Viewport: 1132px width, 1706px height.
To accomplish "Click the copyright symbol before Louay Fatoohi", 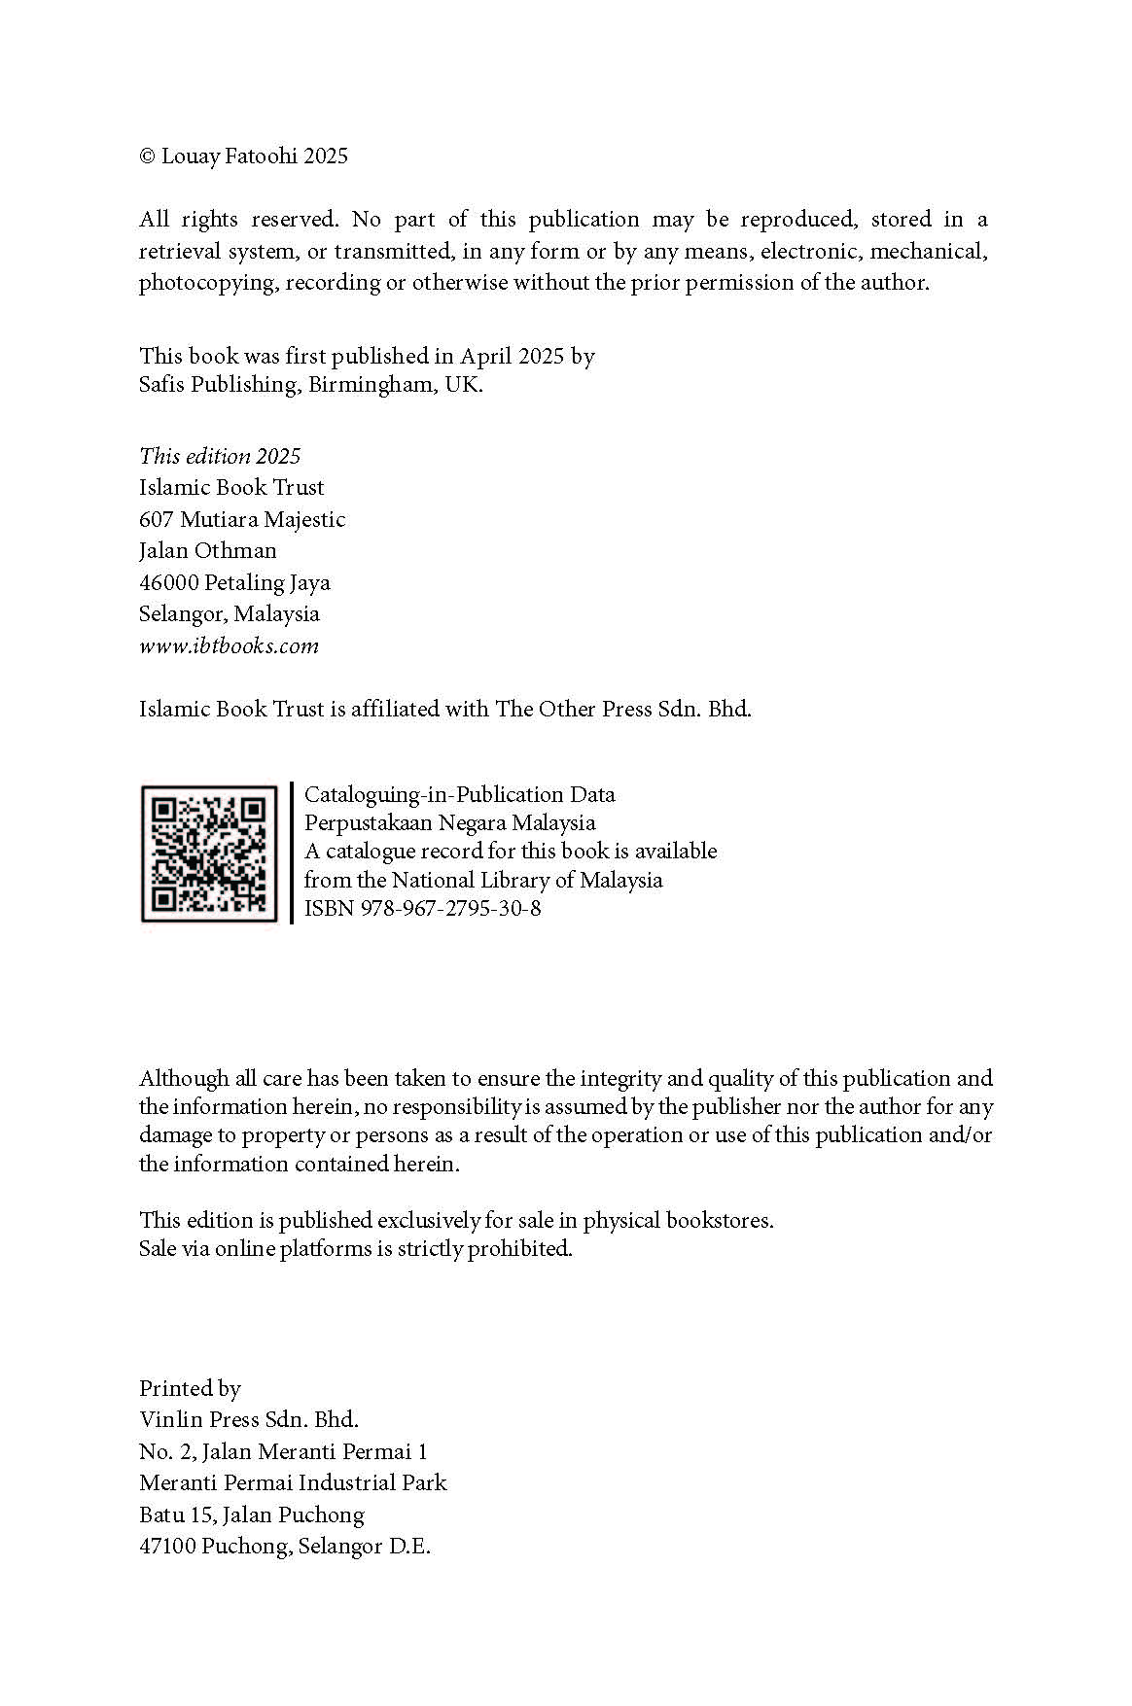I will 147,157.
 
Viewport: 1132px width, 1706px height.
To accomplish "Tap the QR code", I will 209,853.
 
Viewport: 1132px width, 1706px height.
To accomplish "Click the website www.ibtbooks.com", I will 229,645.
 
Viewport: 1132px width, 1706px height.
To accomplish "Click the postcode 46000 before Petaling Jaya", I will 168,582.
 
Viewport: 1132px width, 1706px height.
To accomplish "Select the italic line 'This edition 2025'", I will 220,456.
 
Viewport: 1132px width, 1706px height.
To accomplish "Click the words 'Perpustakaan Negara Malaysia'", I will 449,822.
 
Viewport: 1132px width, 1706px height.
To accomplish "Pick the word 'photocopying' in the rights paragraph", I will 207,283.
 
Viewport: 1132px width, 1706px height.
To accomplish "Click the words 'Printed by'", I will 190,1388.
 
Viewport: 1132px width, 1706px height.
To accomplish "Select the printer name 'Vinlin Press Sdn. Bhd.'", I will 249,1419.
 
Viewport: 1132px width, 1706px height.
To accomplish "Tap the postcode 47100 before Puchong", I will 167,1546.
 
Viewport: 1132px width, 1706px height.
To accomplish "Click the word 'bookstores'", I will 719,1220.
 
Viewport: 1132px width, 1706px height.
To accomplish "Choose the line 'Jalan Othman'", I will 208,550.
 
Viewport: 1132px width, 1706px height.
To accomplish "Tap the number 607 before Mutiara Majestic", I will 156,519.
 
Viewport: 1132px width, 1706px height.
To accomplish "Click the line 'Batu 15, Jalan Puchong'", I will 252,1515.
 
